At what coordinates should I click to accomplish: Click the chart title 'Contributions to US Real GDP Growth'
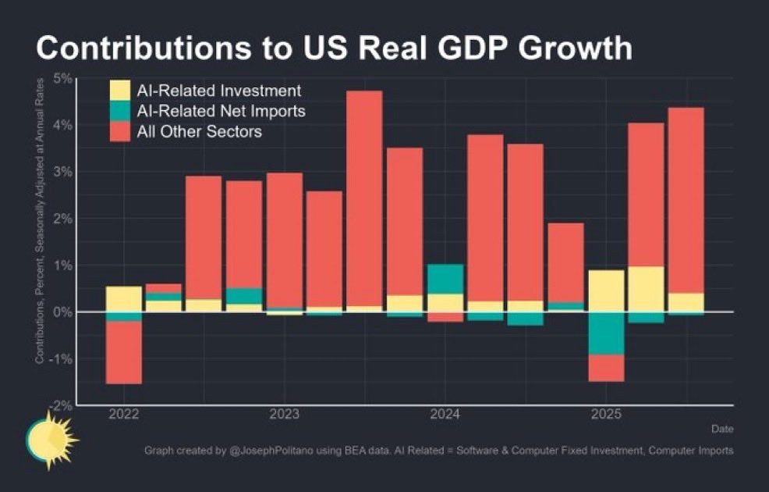click(333, 48)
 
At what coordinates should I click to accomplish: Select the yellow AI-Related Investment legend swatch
click(120, 91)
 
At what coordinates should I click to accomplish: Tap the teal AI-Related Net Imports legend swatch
click(120, 111)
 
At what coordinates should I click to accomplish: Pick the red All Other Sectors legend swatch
click(120, 131)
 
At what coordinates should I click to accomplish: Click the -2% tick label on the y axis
click(61, 405)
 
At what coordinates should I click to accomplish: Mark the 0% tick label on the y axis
click(62, 312)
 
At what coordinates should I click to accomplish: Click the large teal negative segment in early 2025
click(606, 333)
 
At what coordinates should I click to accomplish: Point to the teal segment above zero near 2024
click(445, 279)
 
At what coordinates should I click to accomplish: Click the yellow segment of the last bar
click(686, 302)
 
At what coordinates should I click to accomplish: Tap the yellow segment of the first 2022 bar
click(123, 299)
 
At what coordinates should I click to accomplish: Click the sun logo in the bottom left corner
click(48, 440)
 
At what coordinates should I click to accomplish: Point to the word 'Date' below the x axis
click(721, 429)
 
